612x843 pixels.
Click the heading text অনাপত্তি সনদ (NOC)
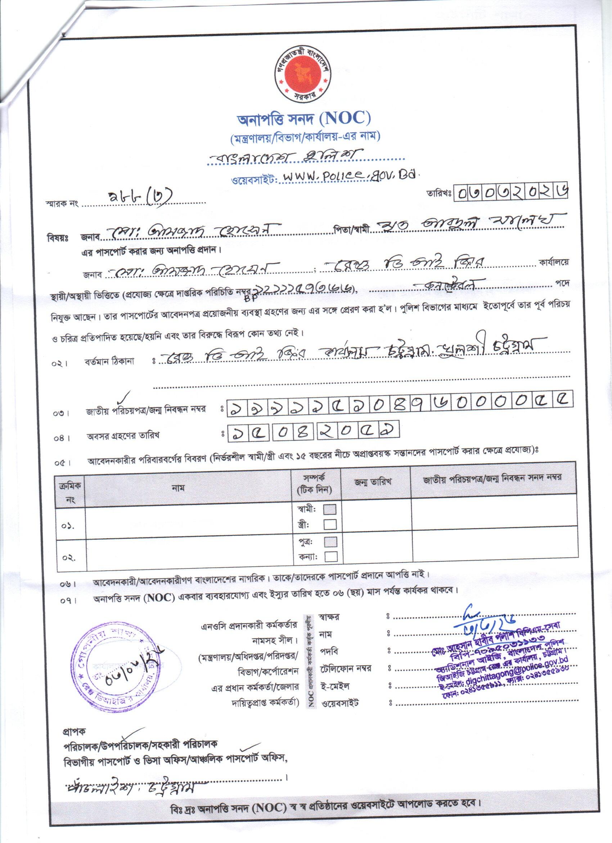pyautogui.click(x=304, y=119)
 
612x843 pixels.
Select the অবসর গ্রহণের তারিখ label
pyautogui.click(x=123, y=436)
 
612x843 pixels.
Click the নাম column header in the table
pyautogui.click(x=179, y=488)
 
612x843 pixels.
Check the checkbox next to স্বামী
pyautogui.click(x=330, y=509)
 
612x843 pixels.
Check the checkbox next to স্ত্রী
pyautogui.click(x=330, y=525)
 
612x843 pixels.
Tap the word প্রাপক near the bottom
pyautogui.click(x=74, y=731)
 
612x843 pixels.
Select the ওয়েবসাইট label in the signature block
pyautogui.click(x=340, y=703)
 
